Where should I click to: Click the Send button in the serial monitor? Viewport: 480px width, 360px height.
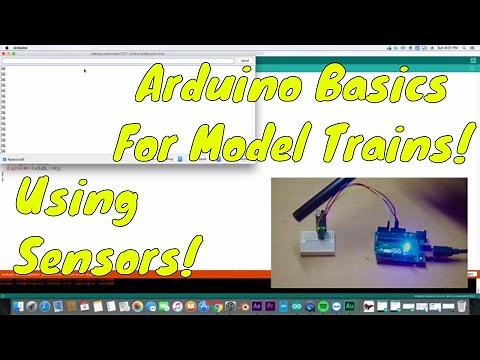tap(245, 60)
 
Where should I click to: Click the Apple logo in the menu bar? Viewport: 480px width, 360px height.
tap(8, 47)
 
